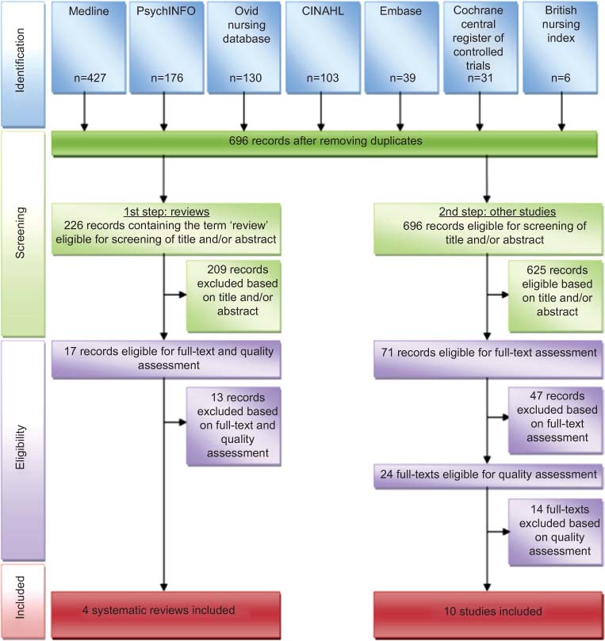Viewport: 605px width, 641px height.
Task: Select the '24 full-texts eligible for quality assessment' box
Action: click(486, 475)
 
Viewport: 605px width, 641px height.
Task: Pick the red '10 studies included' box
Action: click(486, 612)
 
